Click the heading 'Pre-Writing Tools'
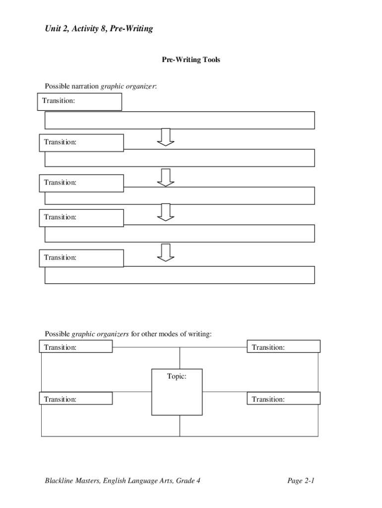[x=191, y=60]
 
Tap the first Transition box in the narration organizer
[x=80, y=101]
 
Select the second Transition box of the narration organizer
[x=81, y=142]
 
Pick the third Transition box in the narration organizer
[x=81, y=183]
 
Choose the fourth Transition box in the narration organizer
[x=81, y=217]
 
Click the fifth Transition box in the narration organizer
[x=81, y=257]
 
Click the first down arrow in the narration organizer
[x=166, y=137]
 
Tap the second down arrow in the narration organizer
[x=166, y=177]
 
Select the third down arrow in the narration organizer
[x=166, y=212]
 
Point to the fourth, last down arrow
[x=166, y=252]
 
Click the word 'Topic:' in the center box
[x=177, y=377]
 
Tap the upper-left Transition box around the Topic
[x=76, y=347]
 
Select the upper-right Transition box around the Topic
[x=283, y=347]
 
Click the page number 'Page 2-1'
[x=301, y=481]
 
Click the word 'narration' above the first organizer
[x=85, y=86]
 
